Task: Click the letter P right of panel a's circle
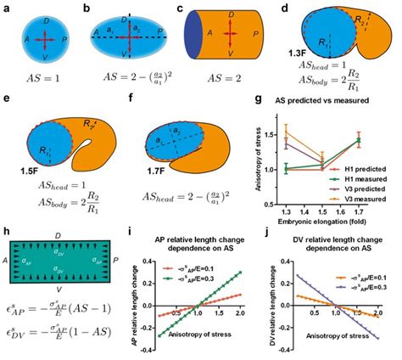[x=75, y=39]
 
